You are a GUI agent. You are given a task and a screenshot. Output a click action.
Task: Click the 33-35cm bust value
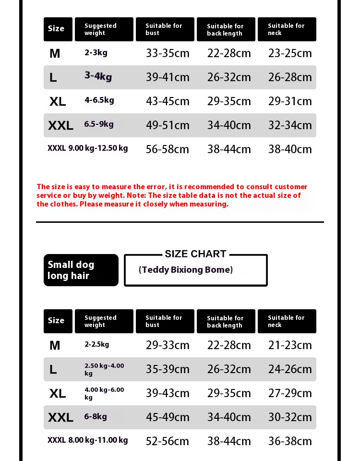pyautogui.click(x=168, y=53)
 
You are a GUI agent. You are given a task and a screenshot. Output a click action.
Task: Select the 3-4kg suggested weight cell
pyautogui.click(x=98, y=76)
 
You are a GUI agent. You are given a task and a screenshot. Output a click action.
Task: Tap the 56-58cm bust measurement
pyautogui.click(x=168, y=149)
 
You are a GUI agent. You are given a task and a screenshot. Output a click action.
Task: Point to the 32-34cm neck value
pyautogui.click(x=290, y=125)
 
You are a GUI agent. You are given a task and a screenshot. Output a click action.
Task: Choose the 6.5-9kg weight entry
pyautogui.click(x=99, y=124)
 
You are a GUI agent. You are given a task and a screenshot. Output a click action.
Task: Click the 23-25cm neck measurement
pyautogui.click(x=290, y=53)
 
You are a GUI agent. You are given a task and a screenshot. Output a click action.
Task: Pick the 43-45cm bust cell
pyautogui.click(x=168, y=101)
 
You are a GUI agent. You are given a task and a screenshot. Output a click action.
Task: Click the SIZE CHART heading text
pyautogui.click(x=195, y=254)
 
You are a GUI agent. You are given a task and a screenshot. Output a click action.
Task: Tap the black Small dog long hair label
pyautogui.click(x=81, y=270)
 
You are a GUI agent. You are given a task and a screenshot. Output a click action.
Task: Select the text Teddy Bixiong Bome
pyautogui.click(x=186, y=270)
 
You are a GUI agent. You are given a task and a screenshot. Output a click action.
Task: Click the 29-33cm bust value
pyautogui.click(x=168, y=345)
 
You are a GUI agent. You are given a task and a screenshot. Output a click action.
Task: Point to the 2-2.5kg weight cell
pyautogui.click(x=96, y=344)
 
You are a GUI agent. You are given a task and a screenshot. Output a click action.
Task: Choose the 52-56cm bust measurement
pyautogui.click(x=168, y=441)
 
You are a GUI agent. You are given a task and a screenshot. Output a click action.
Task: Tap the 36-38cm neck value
pyautogui.click(x=290, y=441)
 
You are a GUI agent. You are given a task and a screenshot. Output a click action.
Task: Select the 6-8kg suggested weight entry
pyautogui.click(x=96, y=416)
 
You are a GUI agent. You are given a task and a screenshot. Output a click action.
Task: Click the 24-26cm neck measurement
pyautogui.click(x=290, y=369)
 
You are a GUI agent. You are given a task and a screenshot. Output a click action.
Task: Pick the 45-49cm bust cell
pyautogui.click(x=168, y=417)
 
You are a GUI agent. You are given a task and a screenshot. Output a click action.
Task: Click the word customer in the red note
pyautogui.click(x=290, y=187)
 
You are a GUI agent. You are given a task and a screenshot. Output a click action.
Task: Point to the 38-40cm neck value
pyautogui.click(x=290, y=149)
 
